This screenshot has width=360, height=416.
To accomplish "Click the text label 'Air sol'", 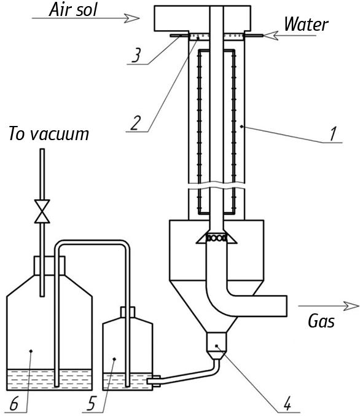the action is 74,10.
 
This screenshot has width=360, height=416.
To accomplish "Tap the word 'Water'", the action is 306,25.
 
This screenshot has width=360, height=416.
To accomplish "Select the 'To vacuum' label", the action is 49,134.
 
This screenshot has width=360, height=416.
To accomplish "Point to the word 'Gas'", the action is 321,321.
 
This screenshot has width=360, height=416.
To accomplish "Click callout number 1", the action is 333,133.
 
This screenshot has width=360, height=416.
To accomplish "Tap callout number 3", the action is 136,55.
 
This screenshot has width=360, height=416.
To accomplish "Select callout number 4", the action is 287,404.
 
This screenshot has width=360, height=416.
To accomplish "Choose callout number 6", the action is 14,404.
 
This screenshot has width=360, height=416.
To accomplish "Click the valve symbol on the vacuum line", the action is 42,211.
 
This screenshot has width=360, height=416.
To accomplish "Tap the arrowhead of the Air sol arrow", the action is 132,18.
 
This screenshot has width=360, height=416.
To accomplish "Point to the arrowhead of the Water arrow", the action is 270,35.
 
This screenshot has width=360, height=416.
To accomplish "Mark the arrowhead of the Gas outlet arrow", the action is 351,306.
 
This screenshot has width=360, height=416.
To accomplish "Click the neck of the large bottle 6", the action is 49,265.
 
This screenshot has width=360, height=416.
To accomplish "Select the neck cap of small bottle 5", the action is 128,312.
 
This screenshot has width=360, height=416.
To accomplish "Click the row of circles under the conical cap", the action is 216,238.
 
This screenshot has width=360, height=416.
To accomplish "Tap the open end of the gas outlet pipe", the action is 287,306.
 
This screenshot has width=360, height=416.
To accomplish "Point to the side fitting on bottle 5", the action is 154,381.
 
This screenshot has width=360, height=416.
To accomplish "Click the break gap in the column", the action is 216,186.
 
